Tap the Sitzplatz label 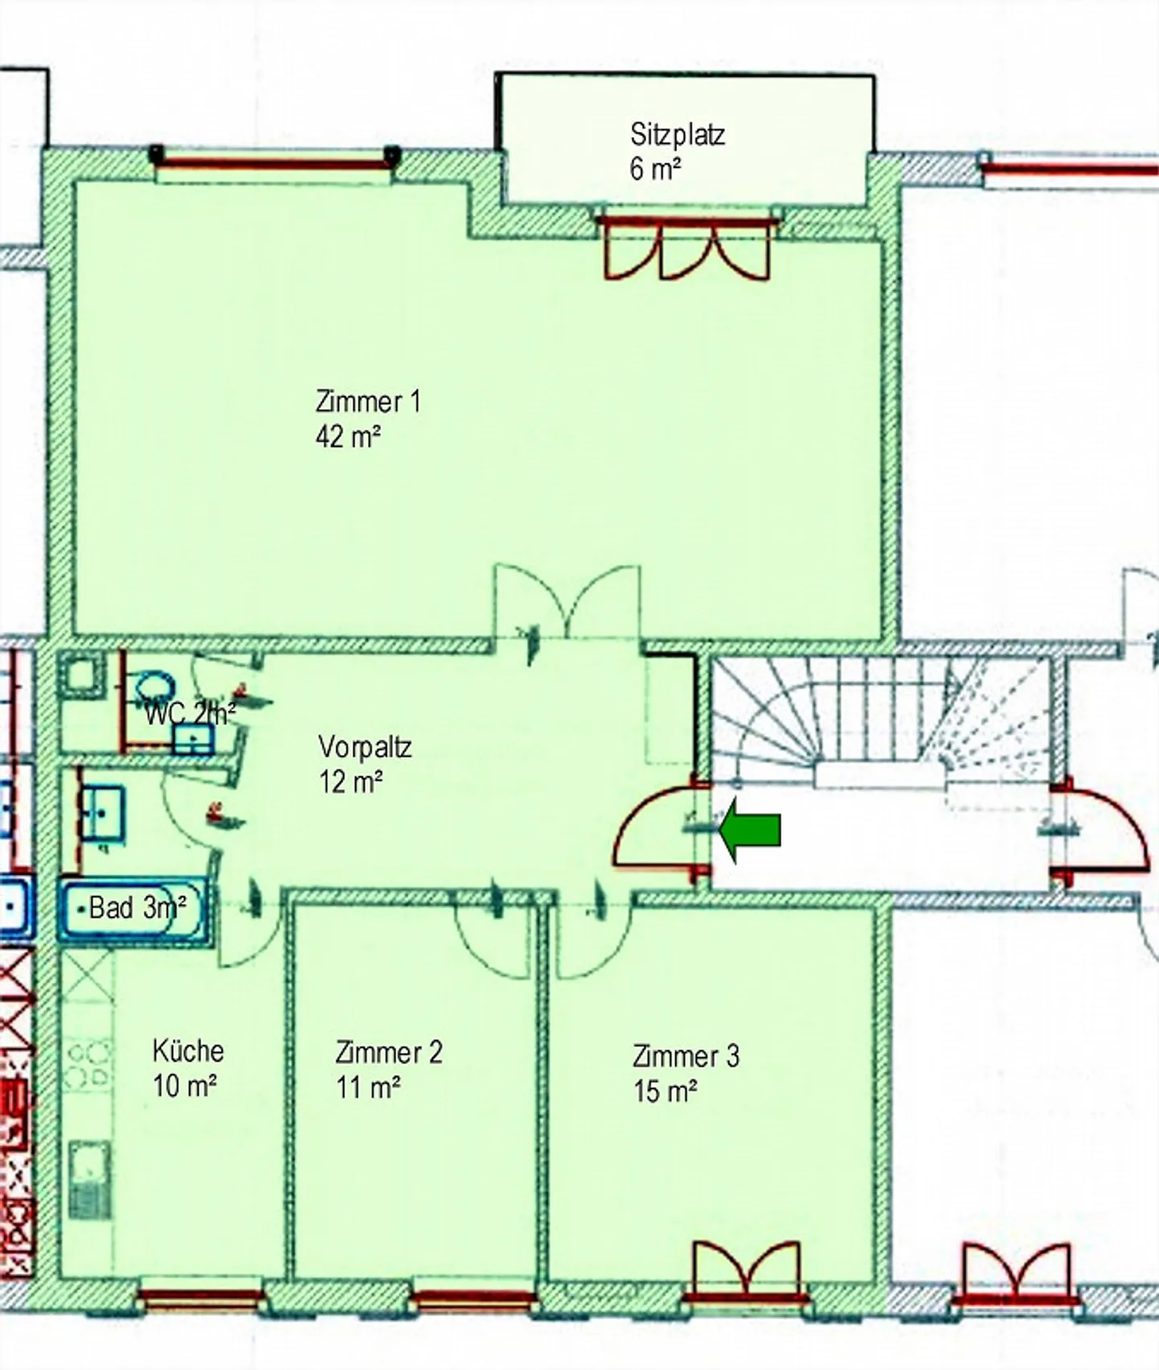(x=677, y=134)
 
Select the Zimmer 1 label (x=367, y=401)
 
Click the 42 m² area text (x=348, y=437)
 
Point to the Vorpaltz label (x=365, y=747)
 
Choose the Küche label (x=188, y=1050)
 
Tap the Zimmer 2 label (x=389, y=1052)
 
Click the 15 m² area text (x=665, y=1091)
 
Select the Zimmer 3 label (x=686, y=1055)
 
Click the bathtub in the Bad (x=129, y=910)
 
